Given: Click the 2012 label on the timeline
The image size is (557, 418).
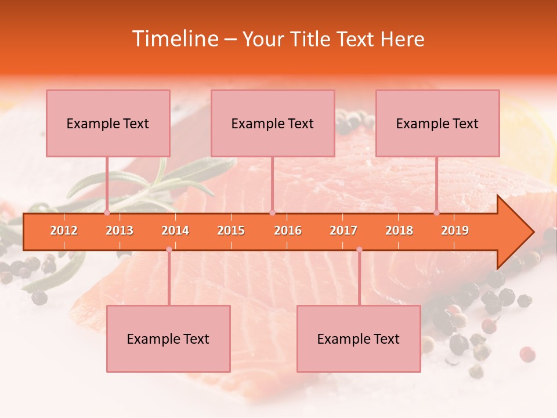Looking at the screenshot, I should click(x=64, y=230).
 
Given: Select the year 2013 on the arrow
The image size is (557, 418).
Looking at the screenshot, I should click(x=120, y=230).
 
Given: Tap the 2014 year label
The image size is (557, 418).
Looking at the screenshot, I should click(x=175, y=230).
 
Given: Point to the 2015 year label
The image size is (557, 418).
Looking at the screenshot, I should click(x=231, y=230).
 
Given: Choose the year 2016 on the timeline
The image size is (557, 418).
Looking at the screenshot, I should click(x=288, y=230).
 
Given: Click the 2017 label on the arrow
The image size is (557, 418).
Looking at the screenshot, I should click(x=343, y=230).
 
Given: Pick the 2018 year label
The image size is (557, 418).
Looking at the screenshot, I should click(x=399, y=230).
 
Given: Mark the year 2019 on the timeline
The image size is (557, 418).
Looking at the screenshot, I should click(x=455, y=230).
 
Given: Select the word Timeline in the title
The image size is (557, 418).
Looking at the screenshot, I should click(x=173, y=39).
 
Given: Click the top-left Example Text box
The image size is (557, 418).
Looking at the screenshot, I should click(x=108, y=123).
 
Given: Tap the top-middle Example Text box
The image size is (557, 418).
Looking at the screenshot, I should click(x=273, y=123).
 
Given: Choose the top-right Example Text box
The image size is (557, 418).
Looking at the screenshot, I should click(x=437, y=123).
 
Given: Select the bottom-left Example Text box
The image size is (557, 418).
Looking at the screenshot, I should click(x=168, y=338).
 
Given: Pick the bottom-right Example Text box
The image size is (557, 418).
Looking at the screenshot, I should click(x=359, y=338).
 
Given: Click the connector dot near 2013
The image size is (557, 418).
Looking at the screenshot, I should click(x=107, y=212).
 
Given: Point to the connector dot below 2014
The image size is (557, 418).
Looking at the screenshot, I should click(x=169, y=249).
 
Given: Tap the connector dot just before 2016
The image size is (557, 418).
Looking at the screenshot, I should click(x=272, y=212).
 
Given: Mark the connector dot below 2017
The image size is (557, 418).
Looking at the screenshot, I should click(x=359, y=249).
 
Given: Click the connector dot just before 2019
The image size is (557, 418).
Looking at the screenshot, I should click(x=437, y=212).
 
